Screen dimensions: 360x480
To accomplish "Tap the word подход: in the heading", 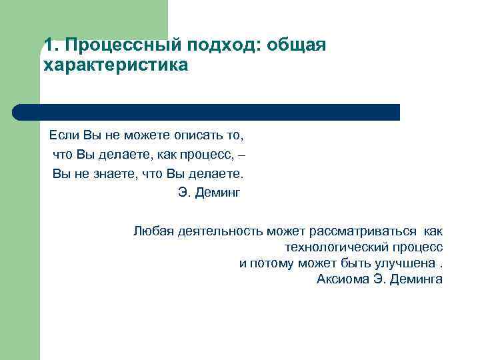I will [x=213, y=45].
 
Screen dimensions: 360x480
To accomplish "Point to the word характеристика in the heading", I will [x=115, y=66].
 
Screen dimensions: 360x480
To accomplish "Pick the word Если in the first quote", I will [x=64, y=136].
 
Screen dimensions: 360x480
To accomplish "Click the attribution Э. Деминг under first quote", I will [x=208, y=193].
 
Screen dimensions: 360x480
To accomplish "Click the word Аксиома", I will [x=342, y=279].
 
